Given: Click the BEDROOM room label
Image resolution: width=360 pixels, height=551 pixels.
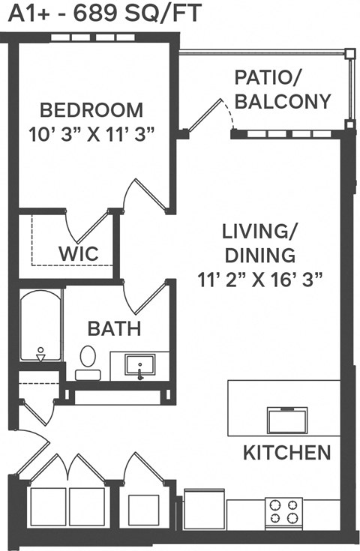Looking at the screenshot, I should click(x=91, y=110).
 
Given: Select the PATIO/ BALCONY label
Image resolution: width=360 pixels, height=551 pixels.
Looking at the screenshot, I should click(x=283, y=89).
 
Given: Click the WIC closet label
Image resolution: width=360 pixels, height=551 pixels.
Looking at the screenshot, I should click(x=78, y=253).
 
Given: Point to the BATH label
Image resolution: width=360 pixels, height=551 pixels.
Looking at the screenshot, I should click(x=114, y=328).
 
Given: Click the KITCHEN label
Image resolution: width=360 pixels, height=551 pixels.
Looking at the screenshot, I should click(x=286, y=452).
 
